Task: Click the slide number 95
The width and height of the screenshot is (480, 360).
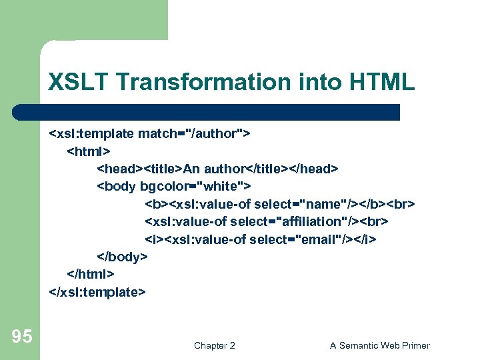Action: coord(21,337)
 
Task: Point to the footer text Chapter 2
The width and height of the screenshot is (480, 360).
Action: coord(214,345)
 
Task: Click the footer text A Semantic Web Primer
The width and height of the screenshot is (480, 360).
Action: coord(379,345)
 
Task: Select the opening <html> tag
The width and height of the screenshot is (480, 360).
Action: coord(89,151)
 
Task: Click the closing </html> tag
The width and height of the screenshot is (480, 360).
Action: coord(91,274)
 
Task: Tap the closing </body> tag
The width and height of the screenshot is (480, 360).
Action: coord(123,257)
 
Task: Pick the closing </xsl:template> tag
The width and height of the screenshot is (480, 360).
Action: coord(97,291)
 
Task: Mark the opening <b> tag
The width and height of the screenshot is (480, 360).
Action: coord(154,203)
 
